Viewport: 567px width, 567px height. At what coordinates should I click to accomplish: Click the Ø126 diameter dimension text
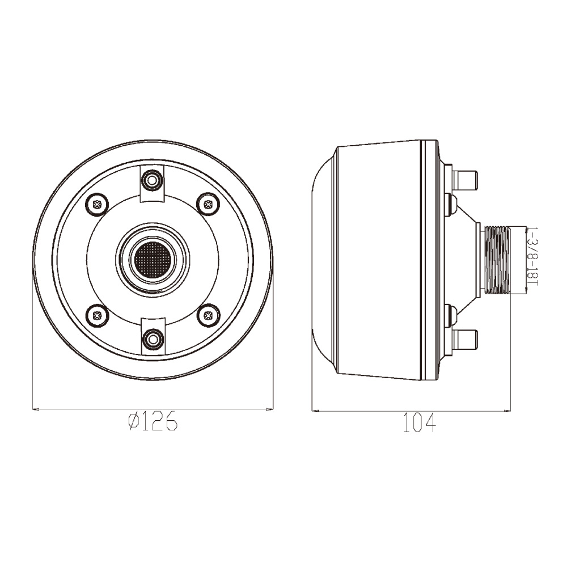tap(153, 421)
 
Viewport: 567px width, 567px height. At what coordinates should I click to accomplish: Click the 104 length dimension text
tap(420, 423)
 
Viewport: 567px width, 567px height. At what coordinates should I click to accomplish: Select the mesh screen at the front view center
tap(152, 259)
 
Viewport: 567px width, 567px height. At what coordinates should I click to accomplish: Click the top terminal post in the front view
tap(152, 179)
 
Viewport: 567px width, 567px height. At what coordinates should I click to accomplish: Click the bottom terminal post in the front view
tap(153, 340)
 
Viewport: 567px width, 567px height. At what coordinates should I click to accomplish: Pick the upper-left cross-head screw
tap(97, 204)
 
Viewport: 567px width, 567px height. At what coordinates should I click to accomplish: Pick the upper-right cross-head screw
tap(208, 204)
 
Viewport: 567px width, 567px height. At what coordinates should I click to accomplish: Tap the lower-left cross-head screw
tap(97, 315)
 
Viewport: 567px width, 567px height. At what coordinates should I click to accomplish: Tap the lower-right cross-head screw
tap(208, 315)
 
